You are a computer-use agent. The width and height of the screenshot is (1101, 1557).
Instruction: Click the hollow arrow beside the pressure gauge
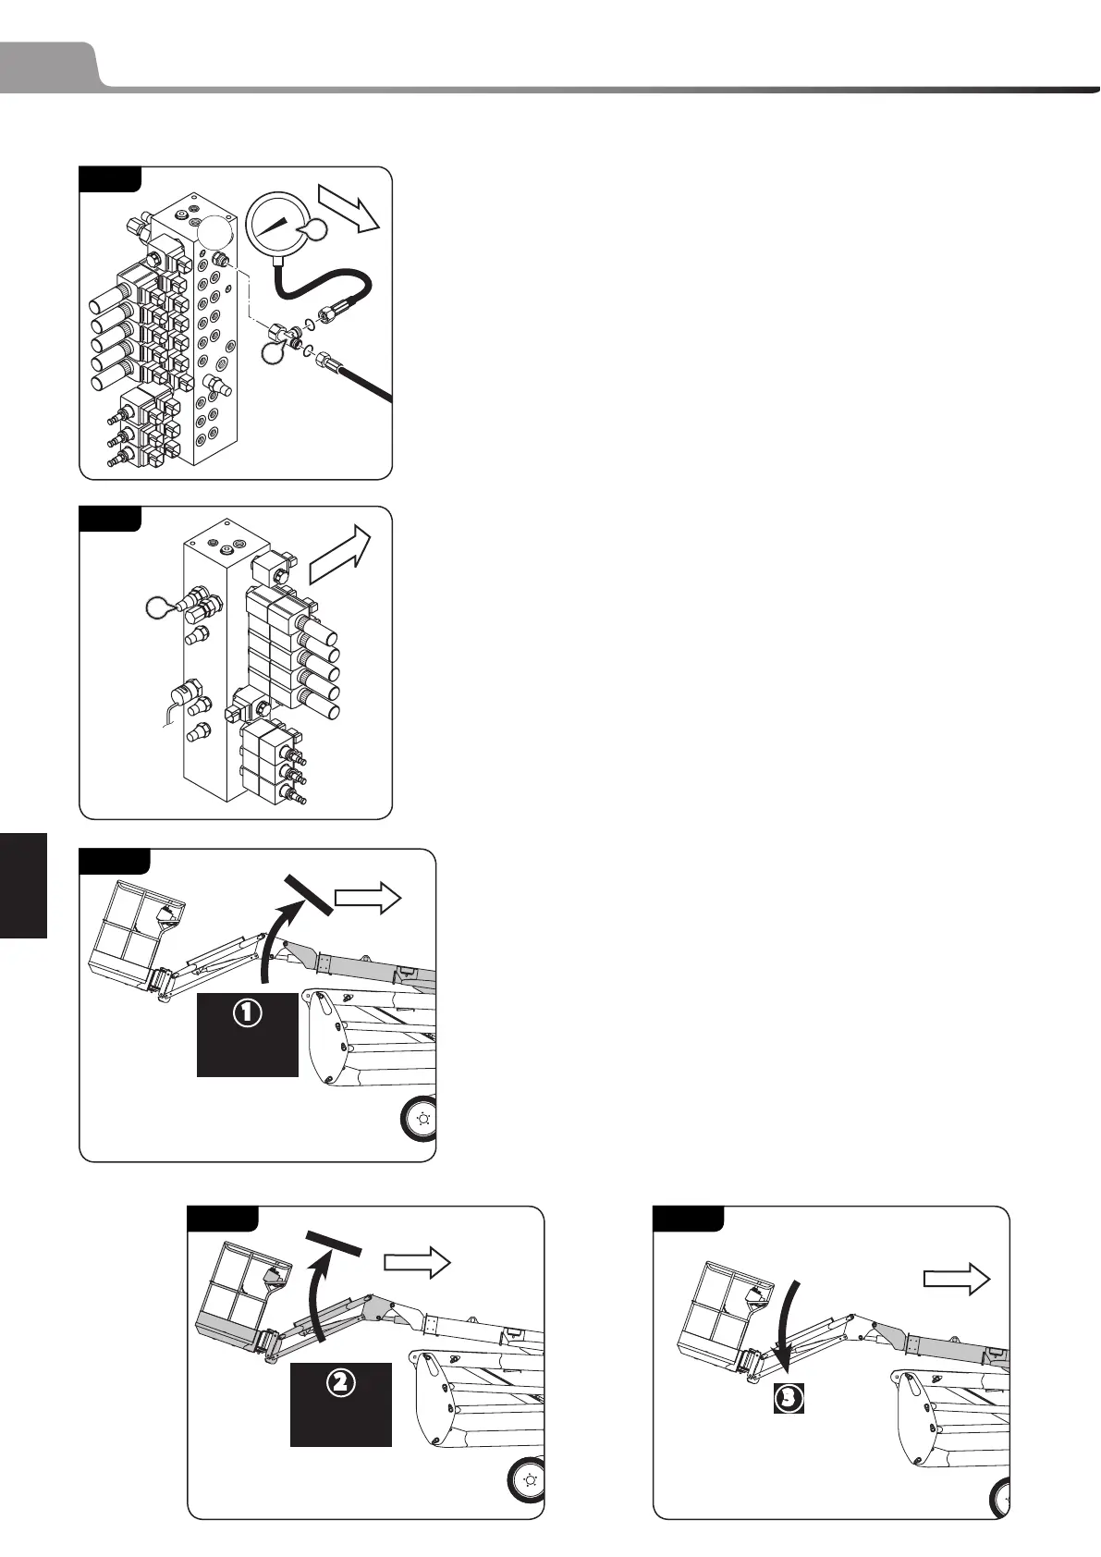pos(349,209)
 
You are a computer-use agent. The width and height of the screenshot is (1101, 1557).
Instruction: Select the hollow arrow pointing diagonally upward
pos(339,555)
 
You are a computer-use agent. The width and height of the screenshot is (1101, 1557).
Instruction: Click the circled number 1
pos(247,1013)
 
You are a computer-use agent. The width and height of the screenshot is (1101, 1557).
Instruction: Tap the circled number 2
pos(340,1383)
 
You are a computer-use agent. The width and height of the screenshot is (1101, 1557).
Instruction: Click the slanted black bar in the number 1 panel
pos(309,893)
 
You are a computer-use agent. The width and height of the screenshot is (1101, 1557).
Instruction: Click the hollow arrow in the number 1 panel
pos(367,898)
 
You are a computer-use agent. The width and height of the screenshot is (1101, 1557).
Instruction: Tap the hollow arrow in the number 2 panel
pos(417,1264)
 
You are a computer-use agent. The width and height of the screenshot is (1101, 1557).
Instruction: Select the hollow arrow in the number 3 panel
pos(957,1280)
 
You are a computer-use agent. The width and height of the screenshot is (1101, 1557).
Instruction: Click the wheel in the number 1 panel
pos(421,1119)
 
